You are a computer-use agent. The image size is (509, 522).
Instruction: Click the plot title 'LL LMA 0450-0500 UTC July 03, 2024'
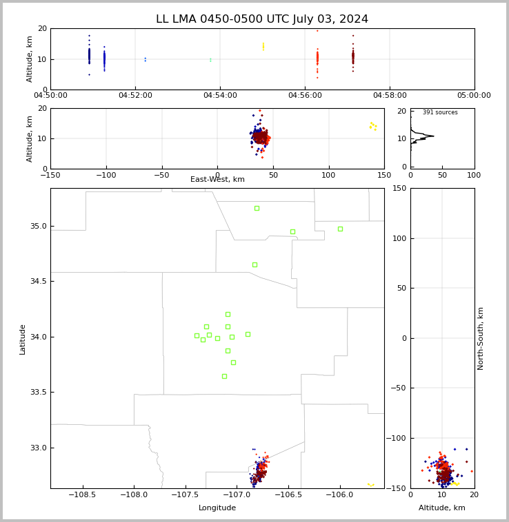(262, 19)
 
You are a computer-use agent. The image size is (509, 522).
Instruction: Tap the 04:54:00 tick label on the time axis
(220, 96)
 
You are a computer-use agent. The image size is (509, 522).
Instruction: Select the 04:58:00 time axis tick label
(390, 96)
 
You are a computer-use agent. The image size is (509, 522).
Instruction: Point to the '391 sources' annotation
(440, 112)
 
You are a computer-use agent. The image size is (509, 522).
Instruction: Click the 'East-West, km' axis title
(217, 180)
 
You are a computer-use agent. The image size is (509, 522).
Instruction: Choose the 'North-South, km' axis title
(480, 339)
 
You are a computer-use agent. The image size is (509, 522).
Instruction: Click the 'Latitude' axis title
(22, 340)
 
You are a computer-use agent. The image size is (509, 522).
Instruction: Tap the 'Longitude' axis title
(217, 508)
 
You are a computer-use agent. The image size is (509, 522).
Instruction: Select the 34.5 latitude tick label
(39, 281)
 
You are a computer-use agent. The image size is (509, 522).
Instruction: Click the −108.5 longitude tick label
(82, 494)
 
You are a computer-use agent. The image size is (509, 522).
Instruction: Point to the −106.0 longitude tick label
(339, 494)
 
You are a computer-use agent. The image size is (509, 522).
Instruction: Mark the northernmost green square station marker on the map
(257, 209)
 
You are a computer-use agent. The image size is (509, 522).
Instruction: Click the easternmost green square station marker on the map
(340, 229)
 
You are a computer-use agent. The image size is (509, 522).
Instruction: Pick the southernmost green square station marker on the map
(224, 376)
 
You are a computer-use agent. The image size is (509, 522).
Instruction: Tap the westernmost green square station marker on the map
(197, 336)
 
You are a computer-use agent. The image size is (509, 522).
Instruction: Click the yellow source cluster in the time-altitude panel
(263, 46)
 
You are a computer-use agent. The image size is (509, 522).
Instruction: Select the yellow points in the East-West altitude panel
(373, 126)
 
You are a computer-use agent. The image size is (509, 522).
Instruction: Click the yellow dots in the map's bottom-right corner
(371, 485)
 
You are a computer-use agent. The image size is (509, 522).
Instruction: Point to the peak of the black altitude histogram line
(434, 136)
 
